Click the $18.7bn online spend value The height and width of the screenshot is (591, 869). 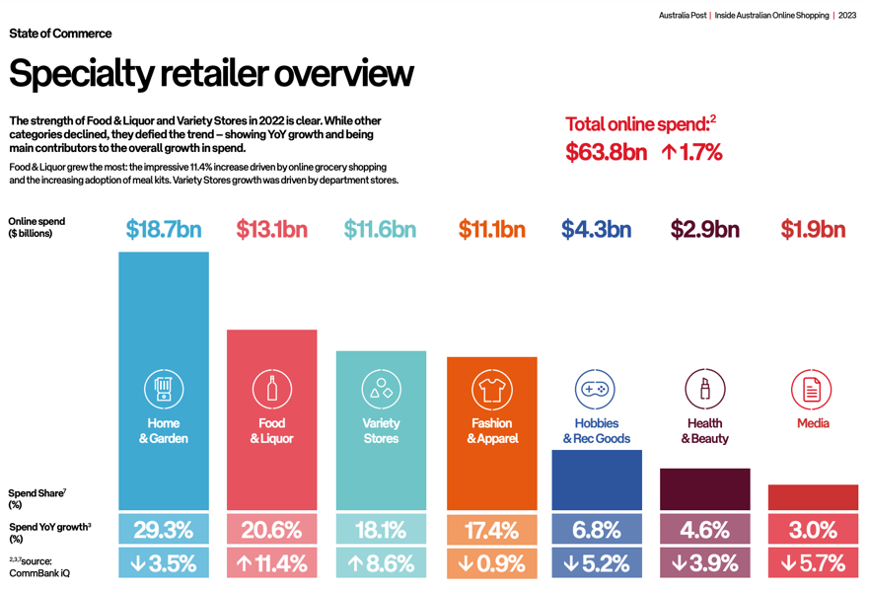pos(164,230)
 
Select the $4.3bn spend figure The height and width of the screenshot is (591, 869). pos(596,230)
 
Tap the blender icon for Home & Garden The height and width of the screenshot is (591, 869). pos(164,390)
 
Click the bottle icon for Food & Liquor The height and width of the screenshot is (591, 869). pos(272,390)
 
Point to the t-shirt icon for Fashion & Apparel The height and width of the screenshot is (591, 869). pos(491,390)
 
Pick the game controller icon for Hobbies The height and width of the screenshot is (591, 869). pos(595,390)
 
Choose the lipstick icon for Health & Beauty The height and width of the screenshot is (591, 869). pos(704,390)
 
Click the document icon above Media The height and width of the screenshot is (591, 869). pos(812,390)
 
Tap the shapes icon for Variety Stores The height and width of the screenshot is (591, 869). pos(381,390)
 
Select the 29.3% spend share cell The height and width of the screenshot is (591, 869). pos(164,530)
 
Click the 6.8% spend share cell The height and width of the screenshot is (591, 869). pos(596,530)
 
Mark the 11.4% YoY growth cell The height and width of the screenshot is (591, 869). pos(272,564)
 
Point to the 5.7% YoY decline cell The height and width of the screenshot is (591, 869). pos(813,564)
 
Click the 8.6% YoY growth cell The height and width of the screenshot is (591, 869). pos(381,564)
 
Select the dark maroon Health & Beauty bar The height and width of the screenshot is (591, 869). pos(704,489)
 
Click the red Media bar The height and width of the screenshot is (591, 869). pos(813,497)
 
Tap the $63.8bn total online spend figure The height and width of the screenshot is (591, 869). pos(606,153)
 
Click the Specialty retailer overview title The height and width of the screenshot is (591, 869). pos(211,74)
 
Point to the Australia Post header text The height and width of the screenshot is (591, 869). pos(683,16)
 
